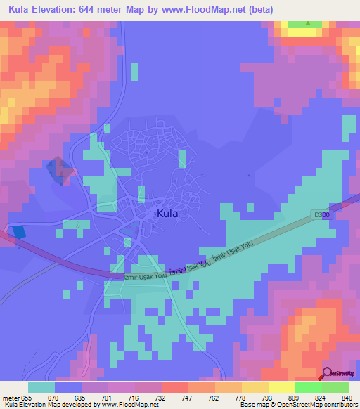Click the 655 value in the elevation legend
(29, 397)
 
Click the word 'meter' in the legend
(10, 397)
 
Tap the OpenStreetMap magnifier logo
(327, 374)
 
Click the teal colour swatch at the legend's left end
(41, 387)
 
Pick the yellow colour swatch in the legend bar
(281, 387)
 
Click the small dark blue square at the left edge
(19, 231)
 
